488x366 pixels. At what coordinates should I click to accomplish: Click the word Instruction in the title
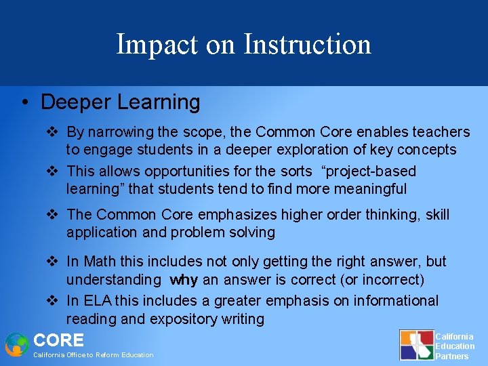pyautogui.click(x=307, y=45)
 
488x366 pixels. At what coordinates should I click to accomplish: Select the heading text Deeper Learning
pyautogui.click(x=121, y=102)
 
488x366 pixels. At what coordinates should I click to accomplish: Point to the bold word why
pyautogui.click(x=184, y=279)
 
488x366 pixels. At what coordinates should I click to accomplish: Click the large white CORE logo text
pyautogui.click(x=58, y=340)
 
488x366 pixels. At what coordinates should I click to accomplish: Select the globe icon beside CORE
pyautogui.click(x=16, y=344)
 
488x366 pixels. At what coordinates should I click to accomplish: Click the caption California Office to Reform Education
pyautogui.click(x=94, y=355)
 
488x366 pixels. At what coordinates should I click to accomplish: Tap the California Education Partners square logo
pyautogui.click(x=415, y=344)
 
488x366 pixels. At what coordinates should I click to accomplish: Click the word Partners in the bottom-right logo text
pyautogui.click(x=451, y=356)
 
